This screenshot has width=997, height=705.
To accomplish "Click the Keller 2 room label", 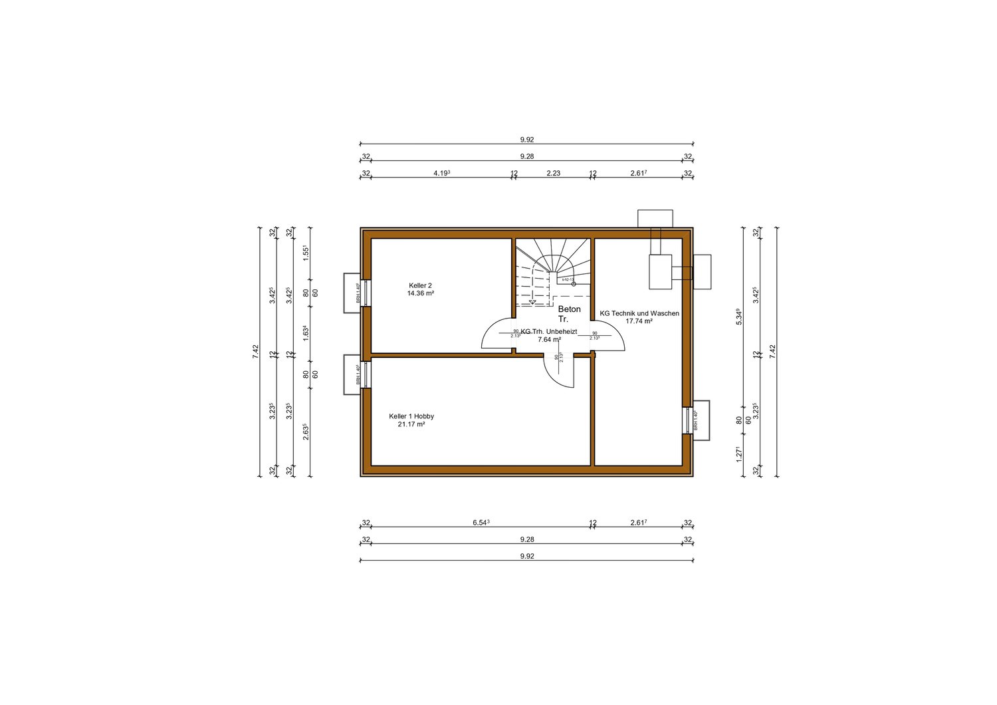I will click(x=420, y=285).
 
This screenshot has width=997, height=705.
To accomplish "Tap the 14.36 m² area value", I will click(x=420, y=293).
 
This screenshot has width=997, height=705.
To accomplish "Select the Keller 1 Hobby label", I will click(x=411, y=416).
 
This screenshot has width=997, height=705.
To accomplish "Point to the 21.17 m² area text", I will click(x=411, y=424).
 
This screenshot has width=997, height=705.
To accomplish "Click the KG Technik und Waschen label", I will click(x=639, y=313).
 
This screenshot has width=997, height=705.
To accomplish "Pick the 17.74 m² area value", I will click(x=639, y=321).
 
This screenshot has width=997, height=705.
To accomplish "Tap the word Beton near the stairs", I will click(x=569, y=309).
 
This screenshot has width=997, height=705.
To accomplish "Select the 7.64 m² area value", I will click(x=549, y=340).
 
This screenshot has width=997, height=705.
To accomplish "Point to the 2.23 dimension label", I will click(x=553, y=173).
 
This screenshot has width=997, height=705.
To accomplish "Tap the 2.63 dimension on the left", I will click(x=306, y=432).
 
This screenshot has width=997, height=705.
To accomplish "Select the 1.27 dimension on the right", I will click(x=738, y=454).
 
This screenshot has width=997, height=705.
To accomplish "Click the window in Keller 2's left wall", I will click(x=366, y=293).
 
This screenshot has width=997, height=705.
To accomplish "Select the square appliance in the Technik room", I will click(x=660, y=271).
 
